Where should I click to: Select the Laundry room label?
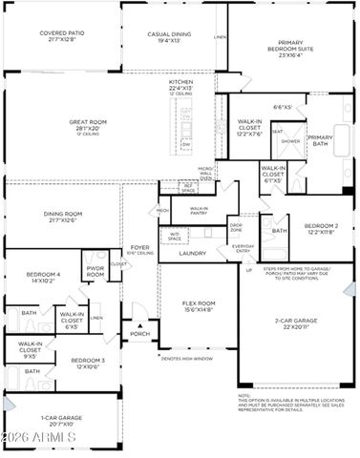[x=193, y=253]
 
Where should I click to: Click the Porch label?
[x=140, y=333]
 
